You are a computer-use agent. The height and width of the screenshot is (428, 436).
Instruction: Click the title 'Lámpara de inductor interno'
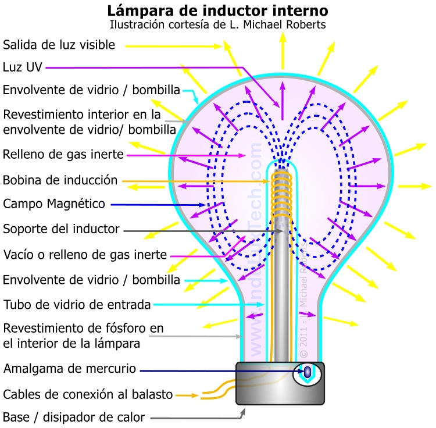coord(218,10)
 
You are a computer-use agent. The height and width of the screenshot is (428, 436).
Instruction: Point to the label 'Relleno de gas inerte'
coord(63,155)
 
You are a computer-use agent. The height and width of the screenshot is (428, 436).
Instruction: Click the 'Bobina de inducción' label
coord(60,180)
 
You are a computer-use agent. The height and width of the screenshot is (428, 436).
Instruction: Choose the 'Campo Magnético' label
coord(54,204)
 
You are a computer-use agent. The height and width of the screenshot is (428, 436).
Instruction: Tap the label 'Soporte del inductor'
coord(61,229)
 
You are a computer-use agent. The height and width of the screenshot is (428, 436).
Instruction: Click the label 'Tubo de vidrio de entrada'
coord(77,305)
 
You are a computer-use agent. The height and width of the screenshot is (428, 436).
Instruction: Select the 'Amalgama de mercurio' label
coord(70,369)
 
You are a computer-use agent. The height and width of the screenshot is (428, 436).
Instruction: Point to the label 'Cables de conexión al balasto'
coord(88,395)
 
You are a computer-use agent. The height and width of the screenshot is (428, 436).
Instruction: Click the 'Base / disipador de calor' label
coord(74,417)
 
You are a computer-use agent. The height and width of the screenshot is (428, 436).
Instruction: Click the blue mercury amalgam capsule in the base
coord(308,372)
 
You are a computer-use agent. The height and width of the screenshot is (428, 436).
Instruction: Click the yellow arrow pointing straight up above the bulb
coord(283,47)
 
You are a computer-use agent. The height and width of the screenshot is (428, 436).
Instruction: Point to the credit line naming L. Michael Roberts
coord(218,25)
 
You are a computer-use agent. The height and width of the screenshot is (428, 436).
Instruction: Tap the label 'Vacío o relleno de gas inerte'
coord(85,255)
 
